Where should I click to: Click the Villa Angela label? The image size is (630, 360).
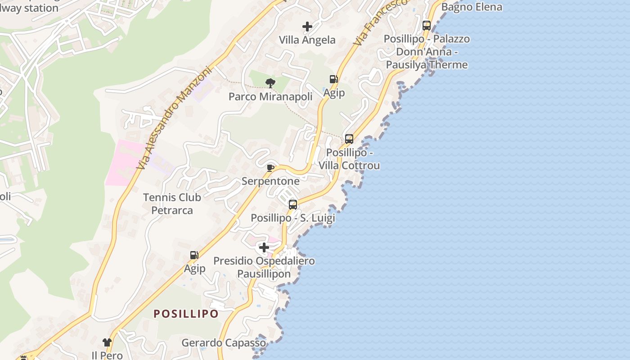(307, 40)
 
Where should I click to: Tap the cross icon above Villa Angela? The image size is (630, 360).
(307, 27)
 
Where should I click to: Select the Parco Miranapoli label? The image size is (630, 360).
(270, 97)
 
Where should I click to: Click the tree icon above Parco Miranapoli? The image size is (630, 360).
(270, 83)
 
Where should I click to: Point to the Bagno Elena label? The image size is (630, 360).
(472, 7)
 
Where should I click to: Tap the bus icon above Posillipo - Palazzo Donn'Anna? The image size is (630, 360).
(426, 26)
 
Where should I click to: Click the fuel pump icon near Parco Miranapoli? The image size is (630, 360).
(333, 80)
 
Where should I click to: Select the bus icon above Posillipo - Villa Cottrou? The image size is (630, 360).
(349, 139)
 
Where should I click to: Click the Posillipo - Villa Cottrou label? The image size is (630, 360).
(349, 159)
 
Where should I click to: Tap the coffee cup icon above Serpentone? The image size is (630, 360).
(270, 168)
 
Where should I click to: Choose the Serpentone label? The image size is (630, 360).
(270, 181)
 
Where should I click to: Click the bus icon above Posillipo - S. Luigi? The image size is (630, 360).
(293, 205)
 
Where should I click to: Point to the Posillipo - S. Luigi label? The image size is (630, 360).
(293, 218)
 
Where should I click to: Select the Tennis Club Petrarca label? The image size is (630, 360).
(172, 204)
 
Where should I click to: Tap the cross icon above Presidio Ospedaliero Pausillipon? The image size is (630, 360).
(264, 247)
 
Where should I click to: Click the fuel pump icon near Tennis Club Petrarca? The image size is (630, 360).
(194, 255)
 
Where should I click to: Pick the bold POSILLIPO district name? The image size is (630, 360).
(186, 314)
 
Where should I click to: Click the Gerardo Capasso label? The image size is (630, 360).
(224, 343)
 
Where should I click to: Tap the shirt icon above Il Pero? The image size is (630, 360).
(107, 342)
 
